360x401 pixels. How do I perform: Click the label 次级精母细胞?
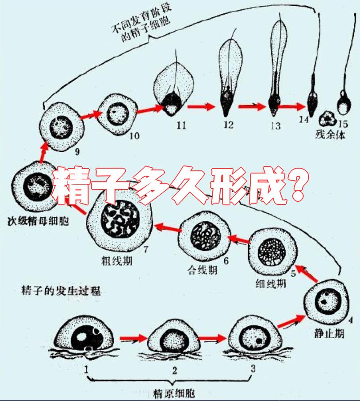coord(37,220)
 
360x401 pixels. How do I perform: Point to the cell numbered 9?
coord(62,126)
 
